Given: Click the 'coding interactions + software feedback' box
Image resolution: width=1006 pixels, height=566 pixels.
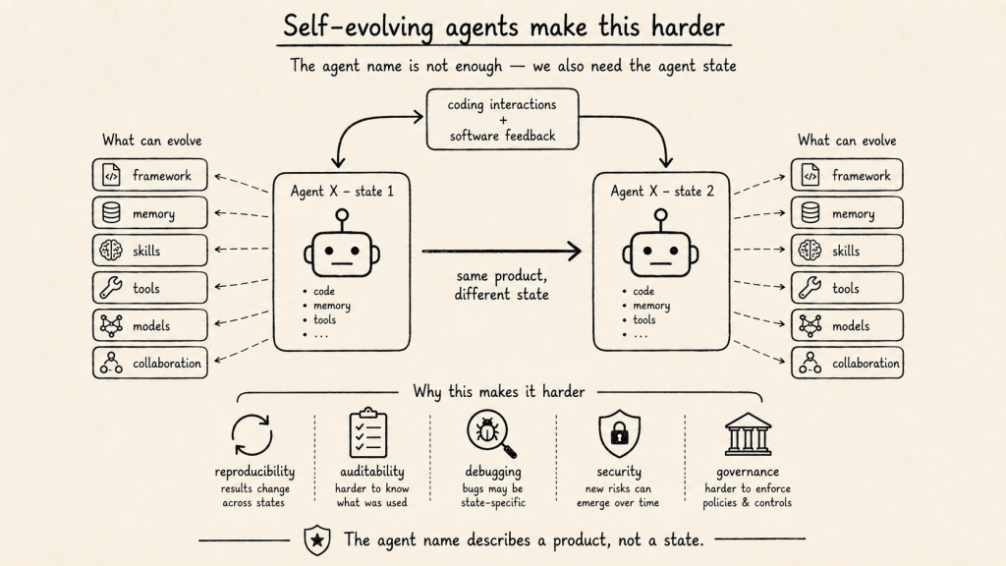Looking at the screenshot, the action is click(x=502, y=119).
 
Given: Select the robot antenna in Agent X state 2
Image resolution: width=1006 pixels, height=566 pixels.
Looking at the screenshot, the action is click(x=661, y=219).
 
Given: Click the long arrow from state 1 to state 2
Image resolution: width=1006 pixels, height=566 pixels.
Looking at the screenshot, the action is click(x=502, y=251).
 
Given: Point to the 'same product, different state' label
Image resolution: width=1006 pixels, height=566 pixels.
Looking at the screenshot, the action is click(x=502, y=285).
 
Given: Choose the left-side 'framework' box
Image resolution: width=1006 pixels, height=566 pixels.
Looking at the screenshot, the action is click(x=150, y=175).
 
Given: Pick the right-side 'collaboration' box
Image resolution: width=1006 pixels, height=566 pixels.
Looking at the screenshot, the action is click(x=847, y=363).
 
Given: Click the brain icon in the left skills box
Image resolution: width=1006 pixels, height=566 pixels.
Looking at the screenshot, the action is click(x=111, y=251).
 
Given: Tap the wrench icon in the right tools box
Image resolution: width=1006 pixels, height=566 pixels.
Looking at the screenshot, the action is click(x=810, y=288).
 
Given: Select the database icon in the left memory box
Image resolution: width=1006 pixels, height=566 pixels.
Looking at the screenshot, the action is click(x=111, y=212).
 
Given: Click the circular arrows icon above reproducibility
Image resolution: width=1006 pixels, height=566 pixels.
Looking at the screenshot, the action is click(x=252, y=434).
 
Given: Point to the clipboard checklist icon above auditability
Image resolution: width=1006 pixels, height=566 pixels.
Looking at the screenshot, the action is click(x=368, y=432).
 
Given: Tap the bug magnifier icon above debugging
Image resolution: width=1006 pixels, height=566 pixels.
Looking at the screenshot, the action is click(x=491, y=434).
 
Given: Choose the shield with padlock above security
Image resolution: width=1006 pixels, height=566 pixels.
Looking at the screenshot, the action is click(x=619, y=433).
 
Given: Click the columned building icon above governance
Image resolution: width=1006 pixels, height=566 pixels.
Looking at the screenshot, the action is click(x=748, y=433).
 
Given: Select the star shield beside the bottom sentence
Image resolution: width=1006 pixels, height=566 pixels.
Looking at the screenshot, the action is click(x=317, y=539).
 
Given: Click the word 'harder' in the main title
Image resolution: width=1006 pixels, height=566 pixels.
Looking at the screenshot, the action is click(x=688, y=27).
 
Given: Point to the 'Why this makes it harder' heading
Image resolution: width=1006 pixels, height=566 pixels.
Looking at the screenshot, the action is click(x=498, y=391).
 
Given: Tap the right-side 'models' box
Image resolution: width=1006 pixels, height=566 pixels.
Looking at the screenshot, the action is click(x=847, y=325).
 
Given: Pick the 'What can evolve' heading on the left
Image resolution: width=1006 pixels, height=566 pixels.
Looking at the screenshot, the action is click(x=152, y=141).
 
